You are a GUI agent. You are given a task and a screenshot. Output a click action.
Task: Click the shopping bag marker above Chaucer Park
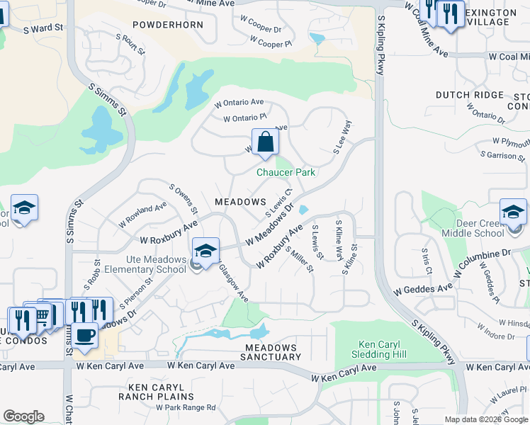pyautogui.click(x=264, y=142)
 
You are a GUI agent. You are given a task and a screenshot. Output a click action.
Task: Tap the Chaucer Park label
pyautogui.click(x=286, y=172)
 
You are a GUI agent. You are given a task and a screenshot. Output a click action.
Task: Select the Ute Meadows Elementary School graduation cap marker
pyautogui.click(x=205, y=251)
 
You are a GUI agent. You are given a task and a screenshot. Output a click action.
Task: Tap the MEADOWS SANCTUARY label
pyautogui.click(x=270, y=352)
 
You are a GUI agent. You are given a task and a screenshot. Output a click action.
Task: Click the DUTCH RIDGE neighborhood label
pyautogui.click(x=469, y=95)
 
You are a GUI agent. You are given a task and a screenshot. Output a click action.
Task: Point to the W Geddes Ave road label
pyautogui.click(x=423, y=290)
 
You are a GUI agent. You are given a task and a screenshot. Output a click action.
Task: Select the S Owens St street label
pyautogui.click(x=183, y=198)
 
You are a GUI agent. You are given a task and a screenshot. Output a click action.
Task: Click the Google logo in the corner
pyautogui.click(x=23, y=416)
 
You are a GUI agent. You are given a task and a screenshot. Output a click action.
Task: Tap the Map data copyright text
pyautogui.click(x=487, y=419)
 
